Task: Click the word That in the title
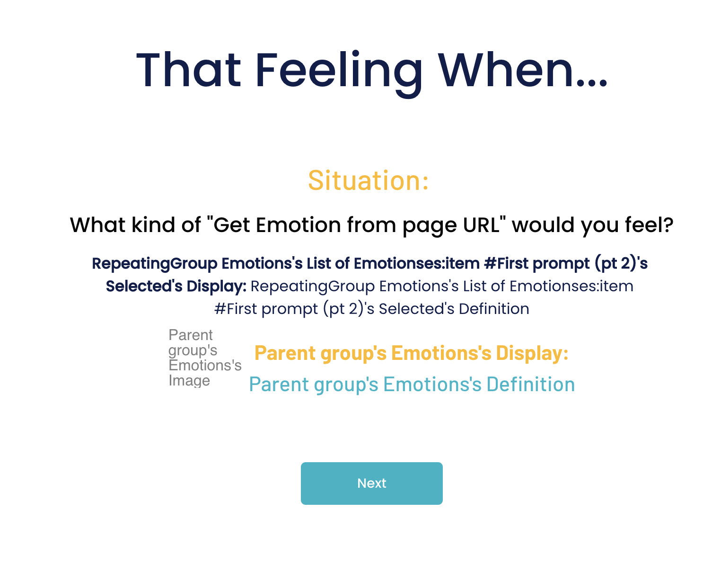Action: click(188, 70)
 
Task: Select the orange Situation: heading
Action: click(368, 180)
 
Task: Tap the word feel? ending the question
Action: click(649, 225)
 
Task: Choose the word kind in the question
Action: click(153, 225)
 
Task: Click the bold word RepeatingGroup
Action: click(155, 264)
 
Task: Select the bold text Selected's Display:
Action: click(176, 286)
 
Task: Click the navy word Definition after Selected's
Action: click(494, 309)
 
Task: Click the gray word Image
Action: click(189, 381)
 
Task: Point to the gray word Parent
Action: click(191, 335)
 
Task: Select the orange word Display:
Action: click(532, 353)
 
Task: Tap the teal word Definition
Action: click(531, 384)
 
